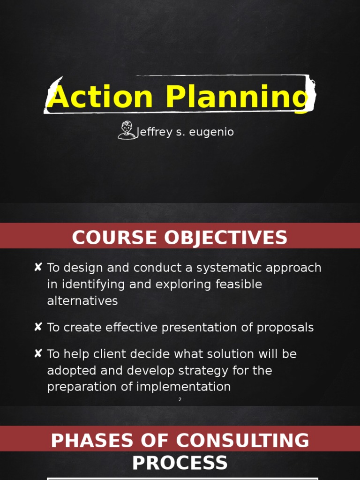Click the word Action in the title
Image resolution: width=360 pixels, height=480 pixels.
point(100,97)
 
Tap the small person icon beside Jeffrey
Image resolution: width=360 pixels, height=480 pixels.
point(126,130)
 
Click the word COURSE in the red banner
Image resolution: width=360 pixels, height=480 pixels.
point(112,238)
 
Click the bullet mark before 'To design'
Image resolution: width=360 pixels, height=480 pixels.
point(38,267)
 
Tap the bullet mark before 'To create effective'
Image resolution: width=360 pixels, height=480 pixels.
point(38,327)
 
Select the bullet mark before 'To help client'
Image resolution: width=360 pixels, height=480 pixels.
point(38,353)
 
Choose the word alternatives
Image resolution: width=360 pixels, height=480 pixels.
point(82,301)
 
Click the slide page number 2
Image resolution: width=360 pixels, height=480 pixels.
point(180,399)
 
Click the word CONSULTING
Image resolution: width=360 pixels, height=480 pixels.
point(243,441)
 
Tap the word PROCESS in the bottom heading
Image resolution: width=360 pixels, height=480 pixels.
point(180,463)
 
